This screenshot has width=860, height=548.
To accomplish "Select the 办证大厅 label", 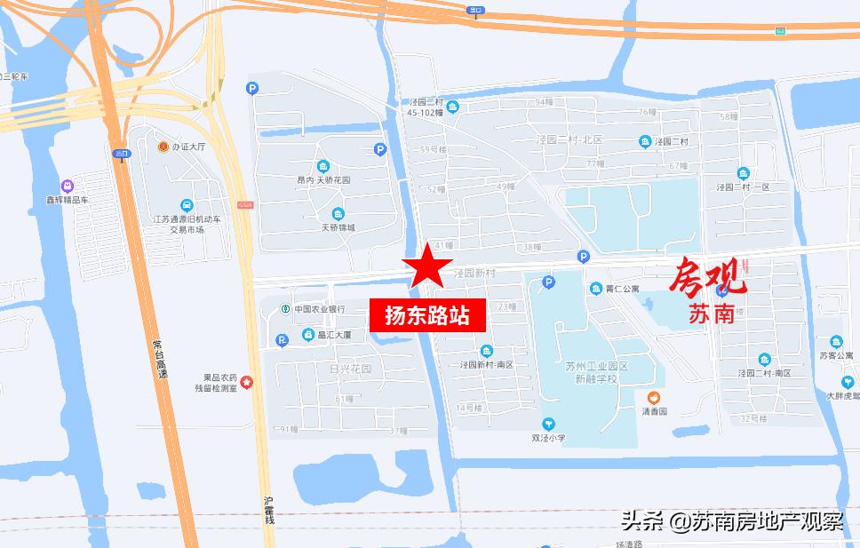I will pyautogui.click(x=188, y=147).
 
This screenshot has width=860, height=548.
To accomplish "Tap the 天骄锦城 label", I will pyautogui.click(x=338, y=227).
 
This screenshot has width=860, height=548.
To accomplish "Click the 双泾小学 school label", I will pyautogui.click(x=548, y=437).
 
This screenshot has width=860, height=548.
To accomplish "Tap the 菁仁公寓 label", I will pyautogui.click(x=622, y=288).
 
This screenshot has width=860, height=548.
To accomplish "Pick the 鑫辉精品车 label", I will pyautogui.click(x=68, y=201).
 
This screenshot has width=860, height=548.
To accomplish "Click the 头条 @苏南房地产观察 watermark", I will pyautogui.click(x=732, y=520).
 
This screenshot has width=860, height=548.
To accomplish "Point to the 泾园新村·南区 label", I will pyautogui.click(x=487, y=364).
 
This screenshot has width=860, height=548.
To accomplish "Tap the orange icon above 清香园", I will pyautogui.click(x=654, y=398).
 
